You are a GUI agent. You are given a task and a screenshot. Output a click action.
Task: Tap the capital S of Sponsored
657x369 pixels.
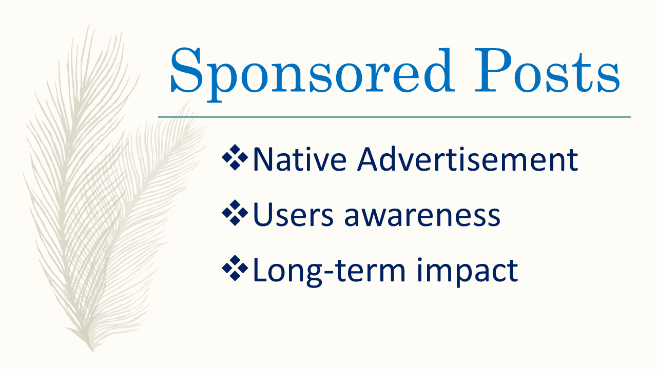point(186,70)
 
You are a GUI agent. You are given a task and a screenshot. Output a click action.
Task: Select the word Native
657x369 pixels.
point(299,159)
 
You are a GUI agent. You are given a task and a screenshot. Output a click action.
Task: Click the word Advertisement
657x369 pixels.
point(468,159)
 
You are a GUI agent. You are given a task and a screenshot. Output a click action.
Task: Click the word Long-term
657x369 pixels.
point(329,271)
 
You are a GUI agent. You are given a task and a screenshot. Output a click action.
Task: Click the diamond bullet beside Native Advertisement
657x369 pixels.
point(235,157)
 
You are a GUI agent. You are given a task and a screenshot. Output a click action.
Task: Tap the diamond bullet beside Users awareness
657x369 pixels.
point(235,213)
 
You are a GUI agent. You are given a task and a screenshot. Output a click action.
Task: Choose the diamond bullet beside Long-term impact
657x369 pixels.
point(235,268)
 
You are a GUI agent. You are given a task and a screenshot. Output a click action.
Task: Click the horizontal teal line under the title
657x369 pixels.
point(394,117)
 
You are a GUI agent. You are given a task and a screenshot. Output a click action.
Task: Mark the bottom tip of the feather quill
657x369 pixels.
point(93,351)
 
